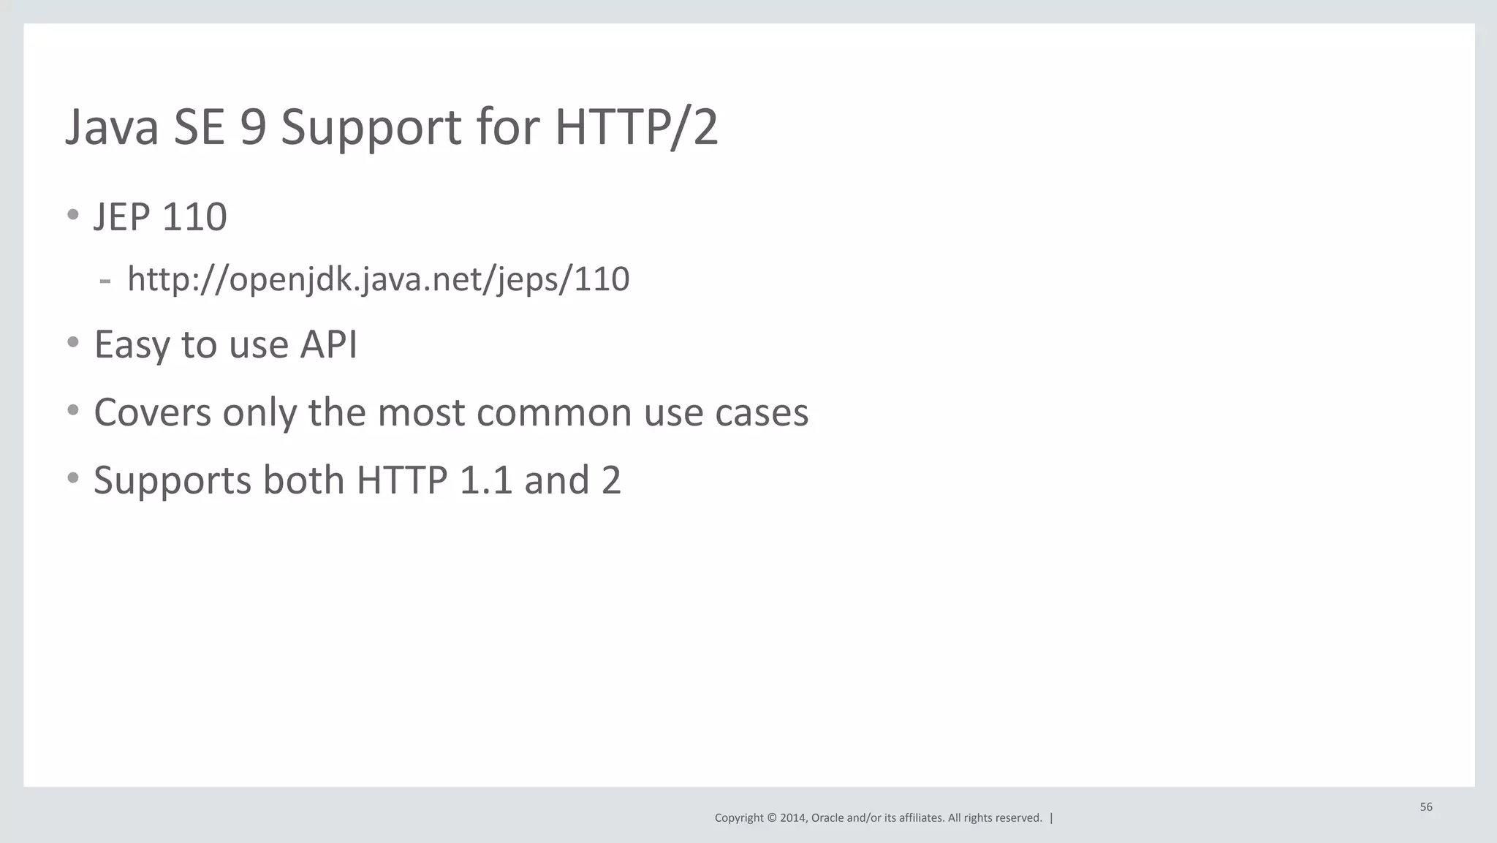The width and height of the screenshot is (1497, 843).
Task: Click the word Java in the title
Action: (x=112, y=127)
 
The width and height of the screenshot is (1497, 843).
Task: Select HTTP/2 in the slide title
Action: (x=636, y=127)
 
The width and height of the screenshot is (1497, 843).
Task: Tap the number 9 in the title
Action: (x=252, y=127)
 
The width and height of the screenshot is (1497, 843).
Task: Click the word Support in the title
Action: (x=371, y=129)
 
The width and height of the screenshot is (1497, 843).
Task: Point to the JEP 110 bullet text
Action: (x=160, y=217)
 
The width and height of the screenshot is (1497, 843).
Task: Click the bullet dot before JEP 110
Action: (x=72, y=214)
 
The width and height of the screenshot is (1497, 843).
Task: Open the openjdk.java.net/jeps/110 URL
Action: (x=378, y=279)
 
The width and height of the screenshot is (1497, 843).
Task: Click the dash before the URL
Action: (x=105, y=280)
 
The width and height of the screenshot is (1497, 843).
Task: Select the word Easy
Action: (x=132, y=345)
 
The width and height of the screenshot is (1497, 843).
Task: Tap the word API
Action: (x=328, y=344)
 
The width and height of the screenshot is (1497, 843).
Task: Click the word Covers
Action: (x=153, y=412)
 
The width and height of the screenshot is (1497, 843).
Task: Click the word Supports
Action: (x=173, y=481)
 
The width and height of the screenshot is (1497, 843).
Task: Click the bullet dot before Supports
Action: (x=72, y=478)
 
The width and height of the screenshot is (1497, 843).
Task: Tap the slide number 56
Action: (x=1426, y=807)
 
